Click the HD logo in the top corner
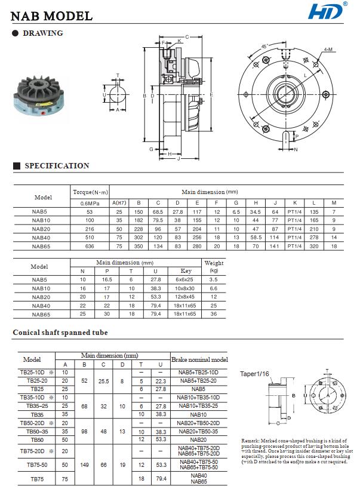[327, 11]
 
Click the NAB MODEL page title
[53, 16]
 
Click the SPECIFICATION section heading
[57, 166]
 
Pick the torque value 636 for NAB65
[90, 245]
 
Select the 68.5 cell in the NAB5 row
[158, 212]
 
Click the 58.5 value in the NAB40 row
[256, 237]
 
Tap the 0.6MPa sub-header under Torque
[90, 202]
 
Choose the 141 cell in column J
[275, 245]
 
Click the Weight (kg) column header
[214, 266]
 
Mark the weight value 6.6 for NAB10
[214, 288]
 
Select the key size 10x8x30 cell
[186, 288]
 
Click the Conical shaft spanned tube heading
[60, 333]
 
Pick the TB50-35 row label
[38, 430]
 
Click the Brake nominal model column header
[199, 360]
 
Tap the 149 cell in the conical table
[85, 463]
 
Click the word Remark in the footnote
[252, 439]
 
